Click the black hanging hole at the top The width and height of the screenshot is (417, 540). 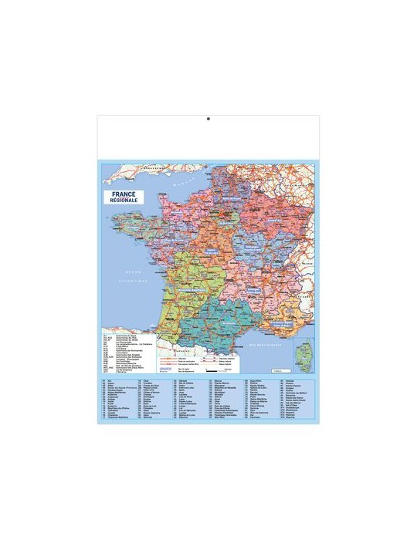click(208, 120)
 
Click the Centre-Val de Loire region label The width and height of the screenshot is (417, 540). click(207, 251)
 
